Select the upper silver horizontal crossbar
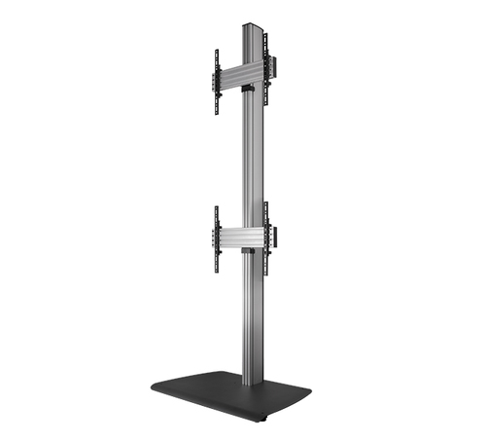pos(237,74)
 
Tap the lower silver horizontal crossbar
pos(237,238)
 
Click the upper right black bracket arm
pos(265,62)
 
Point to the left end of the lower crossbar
pos(217,239)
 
